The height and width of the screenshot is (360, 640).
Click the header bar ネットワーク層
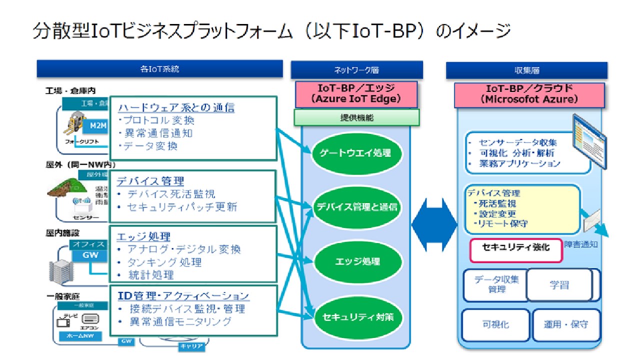pos(356,70)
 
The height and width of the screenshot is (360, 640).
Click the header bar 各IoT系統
pos(159,69)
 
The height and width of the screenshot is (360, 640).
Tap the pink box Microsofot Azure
pos(529,94)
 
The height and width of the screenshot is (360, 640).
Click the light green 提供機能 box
pos(356,118)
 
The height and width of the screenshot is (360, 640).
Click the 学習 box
pos(559,285)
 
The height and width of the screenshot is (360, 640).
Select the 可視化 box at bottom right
pos(495,324)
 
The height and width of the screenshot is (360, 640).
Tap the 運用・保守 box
pos(566,324)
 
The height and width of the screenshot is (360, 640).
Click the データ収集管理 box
pos(494,284)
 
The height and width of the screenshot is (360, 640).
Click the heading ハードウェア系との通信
pos(176,107)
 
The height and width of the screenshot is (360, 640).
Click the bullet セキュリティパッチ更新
pos(182,207)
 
